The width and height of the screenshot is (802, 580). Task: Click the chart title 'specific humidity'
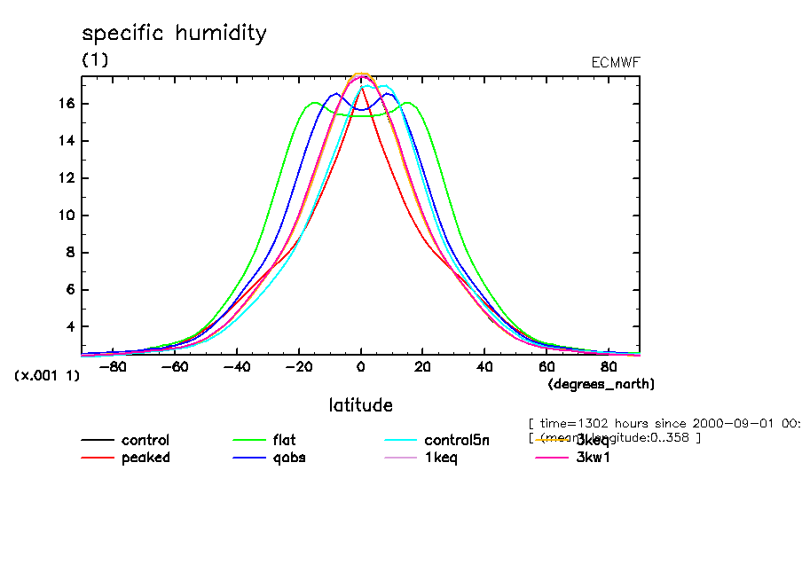pyautogui.click(x=174, y=34)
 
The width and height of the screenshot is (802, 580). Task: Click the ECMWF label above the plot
pyautogui.click(x=615, y=62)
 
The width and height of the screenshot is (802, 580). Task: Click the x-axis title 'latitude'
pyautogui.click(x=360, y=405)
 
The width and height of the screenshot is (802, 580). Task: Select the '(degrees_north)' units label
pyautogui.click(x=601, y=384)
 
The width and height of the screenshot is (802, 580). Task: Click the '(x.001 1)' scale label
pyautogui.click(x=47, y=375)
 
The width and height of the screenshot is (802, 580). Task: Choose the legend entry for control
pyautogui.click(x=145, y=440)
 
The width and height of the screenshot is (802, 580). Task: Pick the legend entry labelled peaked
pyautogui.click(x=145, y=458)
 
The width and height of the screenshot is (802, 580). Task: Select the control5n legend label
pyautogui.click(x=456, y=440)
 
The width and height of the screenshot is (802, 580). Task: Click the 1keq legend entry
pyautogui.click(x=441, y=458)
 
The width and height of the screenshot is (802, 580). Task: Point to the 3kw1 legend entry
pyautogui.click(x=593, y=458)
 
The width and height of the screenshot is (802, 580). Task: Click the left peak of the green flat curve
pyautogui.click(x=315, y=104)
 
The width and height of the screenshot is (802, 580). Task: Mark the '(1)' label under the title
pyautogui.click(x=95, y=60)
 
